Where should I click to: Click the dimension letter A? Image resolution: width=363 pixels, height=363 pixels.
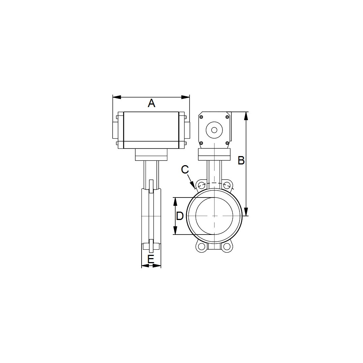point(151,103)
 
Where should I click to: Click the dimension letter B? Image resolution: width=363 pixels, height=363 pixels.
point(241,160)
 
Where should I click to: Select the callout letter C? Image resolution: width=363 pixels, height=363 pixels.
point(185,170)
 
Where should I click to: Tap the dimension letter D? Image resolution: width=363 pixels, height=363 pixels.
point(180,216)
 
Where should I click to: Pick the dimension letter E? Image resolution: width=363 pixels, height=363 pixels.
point(151,259)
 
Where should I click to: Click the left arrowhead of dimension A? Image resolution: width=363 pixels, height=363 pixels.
point(117,97)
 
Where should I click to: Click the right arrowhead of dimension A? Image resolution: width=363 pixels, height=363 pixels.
point(185,97)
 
